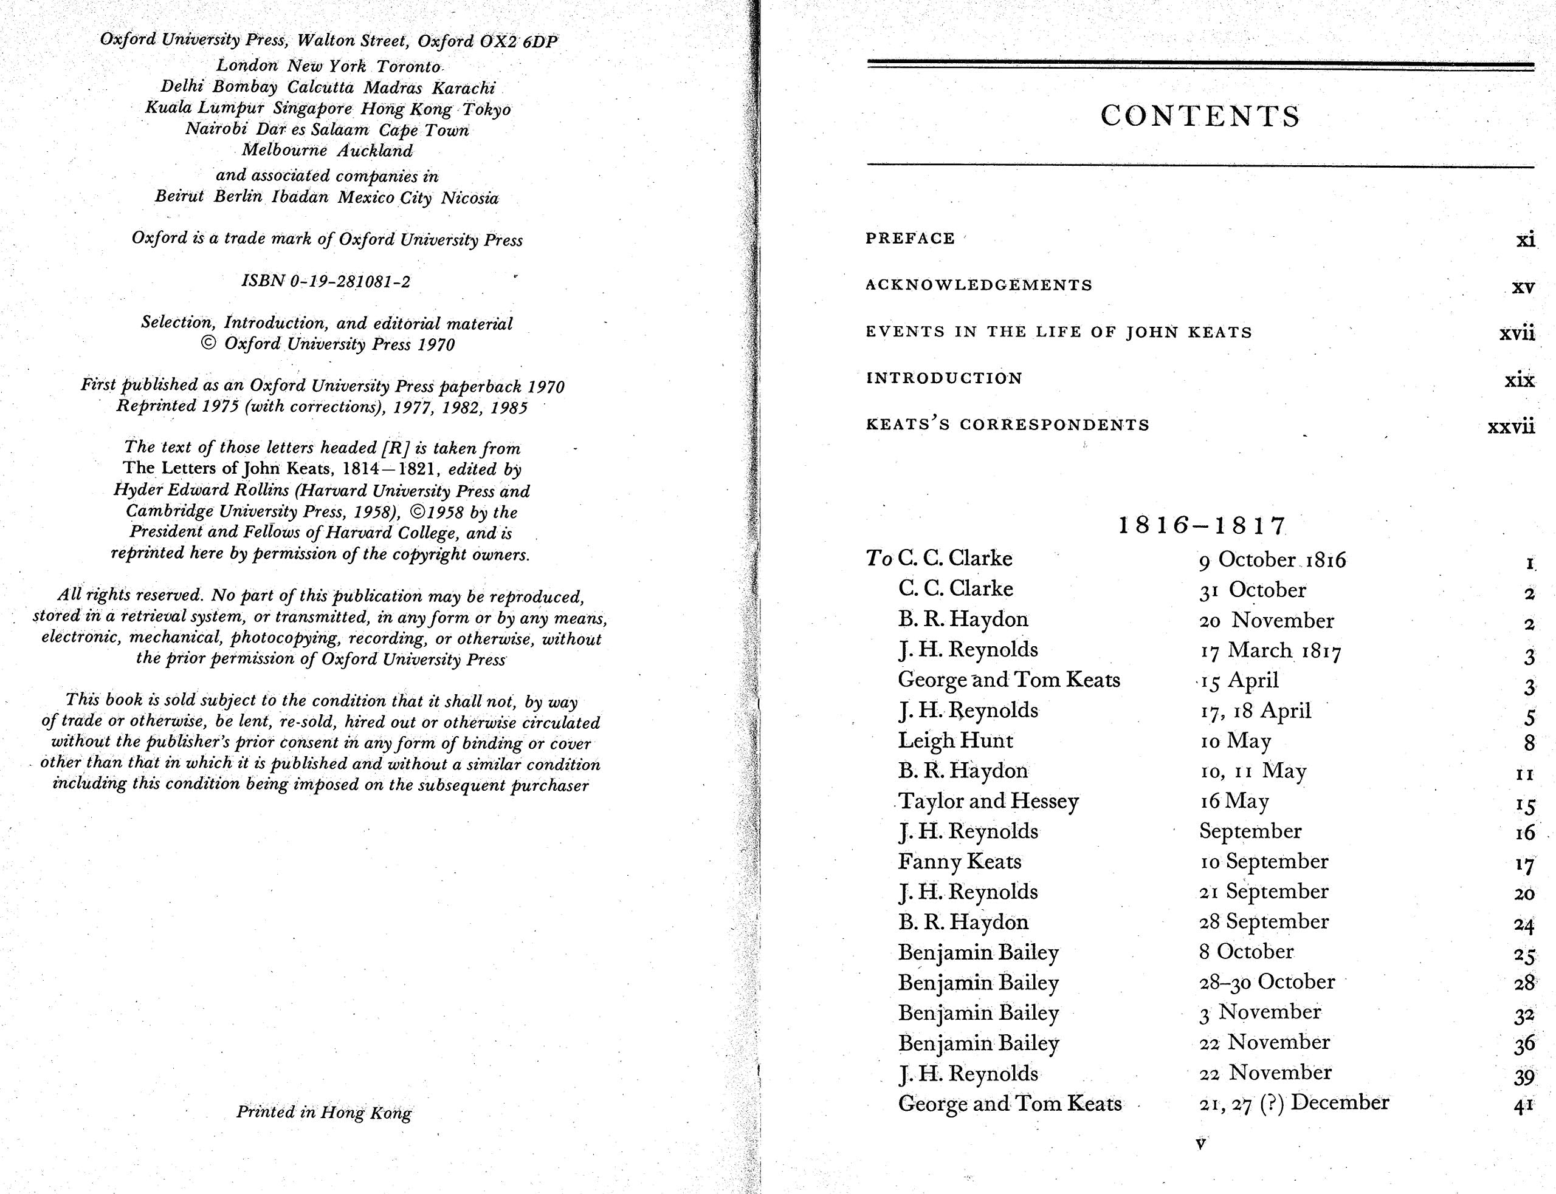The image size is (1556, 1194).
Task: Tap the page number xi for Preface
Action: [1525, 239]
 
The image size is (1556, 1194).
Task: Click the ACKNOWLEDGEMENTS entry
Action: [979, 285]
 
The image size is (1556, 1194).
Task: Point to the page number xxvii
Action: [1510, 426]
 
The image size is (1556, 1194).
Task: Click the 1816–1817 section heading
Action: [1202, 525]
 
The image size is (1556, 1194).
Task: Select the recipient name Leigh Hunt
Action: [955, 740]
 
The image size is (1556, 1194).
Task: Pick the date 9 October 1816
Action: [1272, 560]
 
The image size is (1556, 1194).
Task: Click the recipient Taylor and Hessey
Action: [988, 802]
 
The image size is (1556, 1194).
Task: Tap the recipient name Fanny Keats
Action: [959, 862]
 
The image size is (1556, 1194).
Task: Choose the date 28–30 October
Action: [1267, 982]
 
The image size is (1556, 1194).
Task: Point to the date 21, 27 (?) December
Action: [1293, 1103]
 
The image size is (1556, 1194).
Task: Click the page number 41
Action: [1523, 1106]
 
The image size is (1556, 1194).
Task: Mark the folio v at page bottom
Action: [1201, 1144]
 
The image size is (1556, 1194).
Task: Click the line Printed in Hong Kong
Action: [323, 1112]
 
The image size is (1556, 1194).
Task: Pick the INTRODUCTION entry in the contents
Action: [944, 378]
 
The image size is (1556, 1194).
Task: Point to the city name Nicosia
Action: [469, 197]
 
